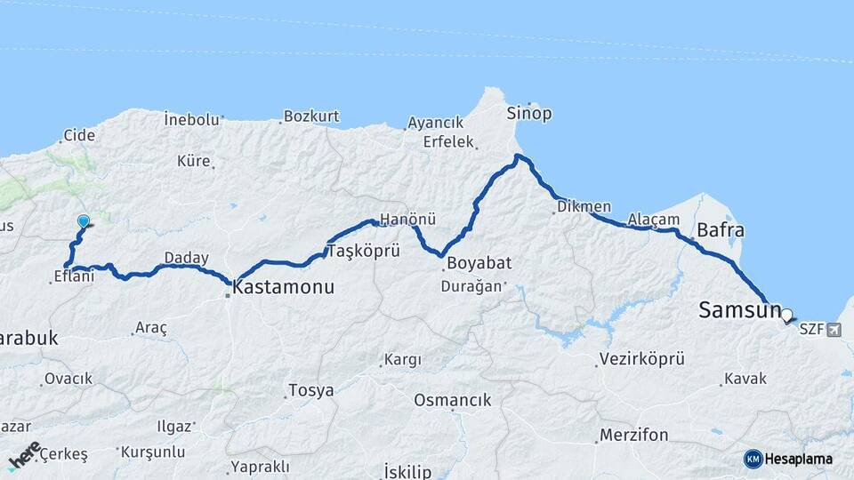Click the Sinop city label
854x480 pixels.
529,114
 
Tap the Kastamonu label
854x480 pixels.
283,287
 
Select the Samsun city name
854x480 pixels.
739,310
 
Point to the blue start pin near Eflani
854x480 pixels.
84,221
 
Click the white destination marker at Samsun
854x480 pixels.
786,313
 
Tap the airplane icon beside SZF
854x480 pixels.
834,330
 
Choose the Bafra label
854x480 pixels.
720,230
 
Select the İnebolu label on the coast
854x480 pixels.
191,118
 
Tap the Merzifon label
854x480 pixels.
633,436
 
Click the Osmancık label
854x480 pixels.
453,400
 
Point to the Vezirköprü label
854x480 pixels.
641,359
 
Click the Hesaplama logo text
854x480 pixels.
799,459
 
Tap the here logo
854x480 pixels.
25,455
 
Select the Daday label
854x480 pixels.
186,258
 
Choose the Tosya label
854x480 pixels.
310,390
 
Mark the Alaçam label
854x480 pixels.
654,220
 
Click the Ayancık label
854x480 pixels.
436,123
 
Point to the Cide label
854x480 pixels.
78,136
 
